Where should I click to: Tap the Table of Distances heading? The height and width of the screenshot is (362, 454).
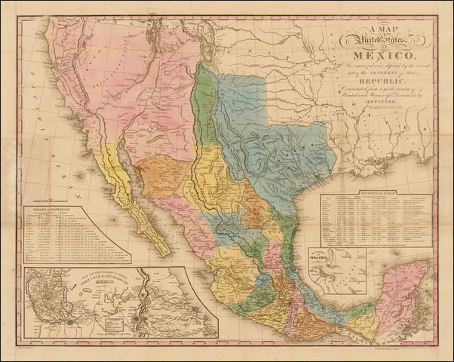pyautogui.click(x=60, y=204)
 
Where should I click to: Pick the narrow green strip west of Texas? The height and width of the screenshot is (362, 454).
pyautogui.click(x=202, y=106)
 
